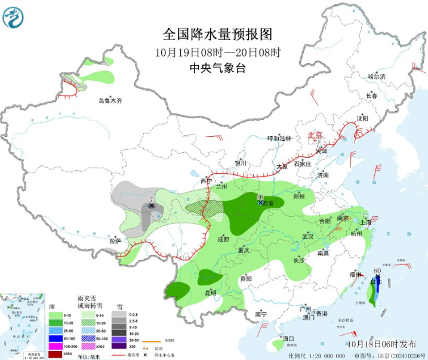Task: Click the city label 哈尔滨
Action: click(x=376, y=76)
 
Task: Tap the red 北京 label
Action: click(x=315, y=136)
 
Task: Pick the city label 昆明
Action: click(x=211, y=293)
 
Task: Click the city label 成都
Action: click(x=223, y=239)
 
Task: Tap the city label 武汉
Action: click(x=308, y=236)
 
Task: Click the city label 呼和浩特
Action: click(x=279, y=139)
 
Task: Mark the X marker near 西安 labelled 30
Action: click(x=260, y=202)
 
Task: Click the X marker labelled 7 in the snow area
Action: click(x=152, y=205)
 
